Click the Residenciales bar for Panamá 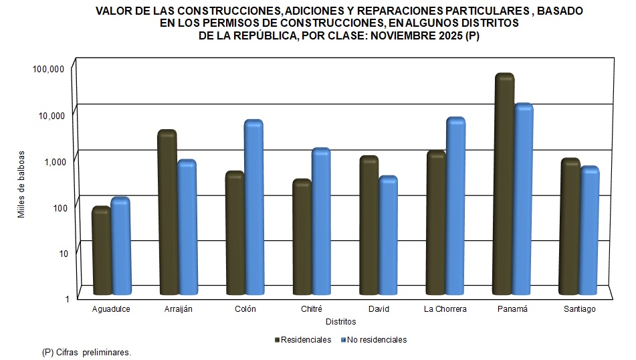pos(504,184)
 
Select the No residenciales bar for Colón pos(254,207)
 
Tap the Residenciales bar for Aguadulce pos(101,251)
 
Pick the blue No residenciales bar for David pos(389,236)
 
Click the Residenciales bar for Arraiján pos(167,213)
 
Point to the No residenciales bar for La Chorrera pos(455,206)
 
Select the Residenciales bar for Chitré pos(302,238)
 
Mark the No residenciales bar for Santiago pos(589,231)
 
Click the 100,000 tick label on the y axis pos(47,69)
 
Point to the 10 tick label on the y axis pos(58,253)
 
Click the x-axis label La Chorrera pos(445,309)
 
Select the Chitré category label pos(312,309)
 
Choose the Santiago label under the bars pos(579,309)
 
